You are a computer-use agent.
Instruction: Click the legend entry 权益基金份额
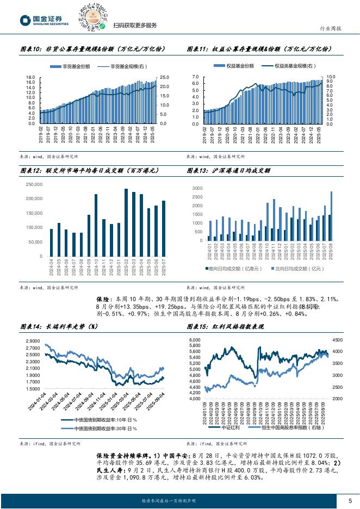(x=237, y=66)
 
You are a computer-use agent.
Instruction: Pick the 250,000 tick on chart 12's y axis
(x=34, y=185)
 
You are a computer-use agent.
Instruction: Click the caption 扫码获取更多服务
(x=135, y=26)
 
